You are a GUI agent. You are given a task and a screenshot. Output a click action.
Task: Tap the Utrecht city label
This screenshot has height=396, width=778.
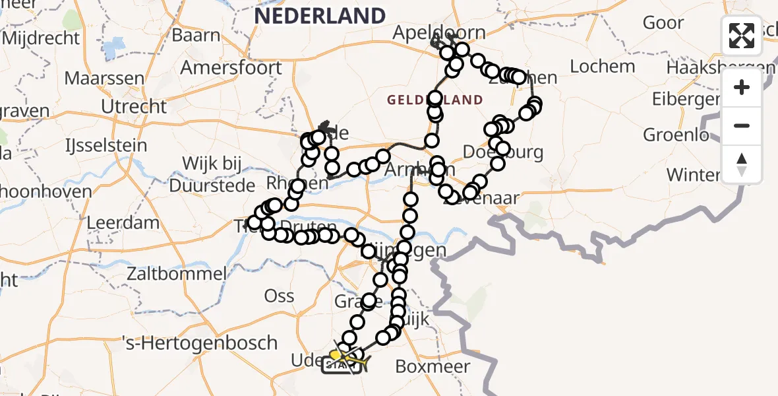(135, 106)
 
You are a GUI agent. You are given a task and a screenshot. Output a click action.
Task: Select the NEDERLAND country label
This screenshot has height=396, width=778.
(320, 16)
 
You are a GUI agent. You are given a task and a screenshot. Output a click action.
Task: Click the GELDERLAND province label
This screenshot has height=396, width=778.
(435, 100)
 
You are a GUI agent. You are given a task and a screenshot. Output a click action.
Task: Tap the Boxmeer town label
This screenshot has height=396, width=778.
(433, 366)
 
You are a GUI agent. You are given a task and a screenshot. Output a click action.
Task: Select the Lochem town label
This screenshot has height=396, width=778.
(602, 66)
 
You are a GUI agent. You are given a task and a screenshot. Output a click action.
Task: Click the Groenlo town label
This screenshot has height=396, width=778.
(677, 135)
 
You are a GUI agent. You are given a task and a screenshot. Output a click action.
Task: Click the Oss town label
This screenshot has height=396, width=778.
(279, 295)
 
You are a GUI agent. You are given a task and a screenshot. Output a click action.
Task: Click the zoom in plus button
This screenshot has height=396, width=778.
(742, 88)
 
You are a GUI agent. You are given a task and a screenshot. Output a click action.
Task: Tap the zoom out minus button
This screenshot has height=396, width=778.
(742, 125)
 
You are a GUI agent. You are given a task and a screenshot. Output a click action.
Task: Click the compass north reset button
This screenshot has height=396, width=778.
(742, 164)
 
